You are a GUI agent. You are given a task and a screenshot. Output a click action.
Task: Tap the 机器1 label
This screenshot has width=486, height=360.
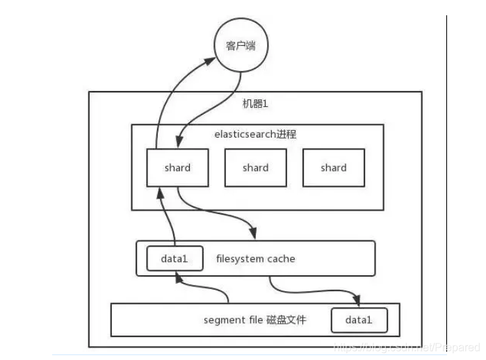point(255,104)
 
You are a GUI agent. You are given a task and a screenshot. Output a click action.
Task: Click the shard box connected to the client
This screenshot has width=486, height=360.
point(177,167)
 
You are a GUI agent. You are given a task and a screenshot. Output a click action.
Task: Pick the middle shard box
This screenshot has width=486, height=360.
point(255,167)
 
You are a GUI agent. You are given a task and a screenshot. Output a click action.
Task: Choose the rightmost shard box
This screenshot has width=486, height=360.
point(333,167)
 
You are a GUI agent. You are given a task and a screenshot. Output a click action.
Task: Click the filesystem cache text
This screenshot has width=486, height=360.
point(255,259)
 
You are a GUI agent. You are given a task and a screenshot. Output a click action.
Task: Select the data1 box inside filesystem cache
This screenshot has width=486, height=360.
point(175,259)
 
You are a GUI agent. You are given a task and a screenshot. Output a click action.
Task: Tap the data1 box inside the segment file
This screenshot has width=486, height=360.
point(359,320)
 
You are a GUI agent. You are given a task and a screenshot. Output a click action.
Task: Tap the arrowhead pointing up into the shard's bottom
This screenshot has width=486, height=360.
point(161,193)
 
